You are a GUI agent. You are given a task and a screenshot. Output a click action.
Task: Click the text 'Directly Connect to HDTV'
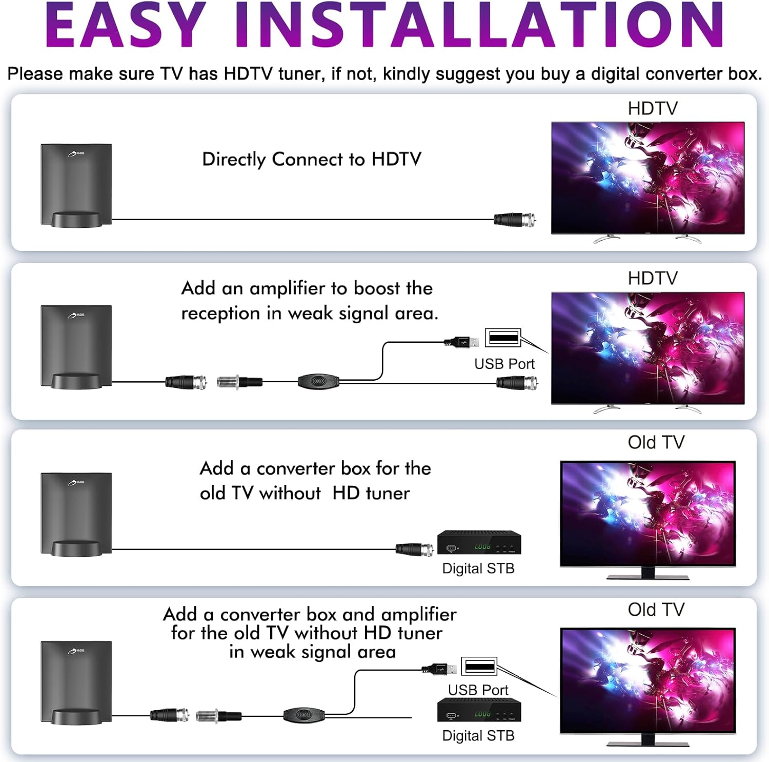click(x=312, y=159)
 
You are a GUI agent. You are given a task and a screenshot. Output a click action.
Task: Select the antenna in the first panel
click(x=76, y=185)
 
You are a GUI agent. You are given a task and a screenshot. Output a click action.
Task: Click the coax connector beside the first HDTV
click(x=515, y=220)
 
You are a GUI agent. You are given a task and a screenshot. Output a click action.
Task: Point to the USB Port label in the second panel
click(x=504, y=364)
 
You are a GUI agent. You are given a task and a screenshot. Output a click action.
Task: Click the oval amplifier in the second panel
click(x=319, y=381)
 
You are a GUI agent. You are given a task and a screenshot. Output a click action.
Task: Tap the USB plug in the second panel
click(x=461, y=341)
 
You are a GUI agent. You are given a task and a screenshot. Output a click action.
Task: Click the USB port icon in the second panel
click(x=503, y=338)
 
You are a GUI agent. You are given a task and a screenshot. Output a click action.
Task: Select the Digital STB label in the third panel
click(x=478, y=569)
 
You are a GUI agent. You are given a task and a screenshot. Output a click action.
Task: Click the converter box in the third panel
click(x=479, y=543)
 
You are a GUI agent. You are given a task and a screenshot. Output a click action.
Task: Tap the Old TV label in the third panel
click(x=656, y=442)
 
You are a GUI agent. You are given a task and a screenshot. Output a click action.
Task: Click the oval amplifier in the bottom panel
click(x=304, y=715)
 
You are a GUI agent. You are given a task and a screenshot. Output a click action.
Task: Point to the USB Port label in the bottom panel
click(x=478, y=690)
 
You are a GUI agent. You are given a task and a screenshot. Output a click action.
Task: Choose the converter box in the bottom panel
click(x=479, y=711)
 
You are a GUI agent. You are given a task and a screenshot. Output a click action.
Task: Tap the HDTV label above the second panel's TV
click(x=653, y=279)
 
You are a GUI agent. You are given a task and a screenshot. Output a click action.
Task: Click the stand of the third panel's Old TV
click(x=648, y=574)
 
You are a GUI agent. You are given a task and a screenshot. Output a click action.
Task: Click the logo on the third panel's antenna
click(x=76, y=482)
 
